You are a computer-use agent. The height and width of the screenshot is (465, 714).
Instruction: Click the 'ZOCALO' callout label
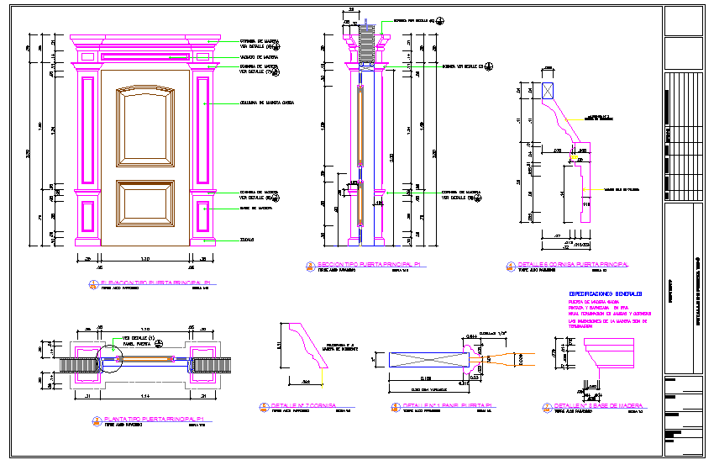(247, 240)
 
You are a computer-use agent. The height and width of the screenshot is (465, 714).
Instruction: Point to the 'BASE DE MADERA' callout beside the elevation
(255, 208)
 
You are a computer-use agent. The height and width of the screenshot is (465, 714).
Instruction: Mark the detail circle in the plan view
(107, 360)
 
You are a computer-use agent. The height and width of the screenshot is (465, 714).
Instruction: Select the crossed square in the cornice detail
(549, 92)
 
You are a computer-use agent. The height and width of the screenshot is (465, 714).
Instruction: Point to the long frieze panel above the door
(144, 56)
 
